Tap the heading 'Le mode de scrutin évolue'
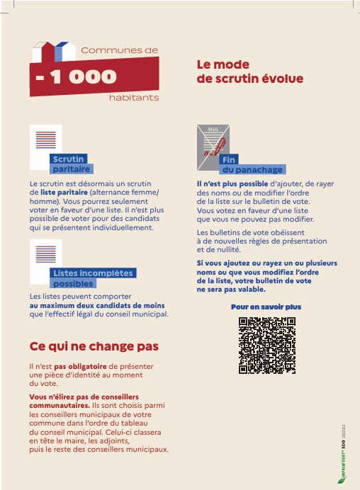(x=249, y=72)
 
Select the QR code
(x=266, y=345)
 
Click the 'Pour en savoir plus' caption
(x=266, y=307)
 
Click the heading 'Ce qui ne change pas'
(x=94, y=346)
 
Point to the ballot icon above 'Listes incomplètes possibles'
(x=46, y=258)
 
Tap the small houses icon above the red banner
(x=53, y=50)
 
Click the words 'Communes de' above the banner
(x=119, y=50)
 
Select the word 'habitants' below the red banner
(x=134, y=97)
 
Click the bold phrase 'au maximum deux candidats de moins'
(x=97, y=305)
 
